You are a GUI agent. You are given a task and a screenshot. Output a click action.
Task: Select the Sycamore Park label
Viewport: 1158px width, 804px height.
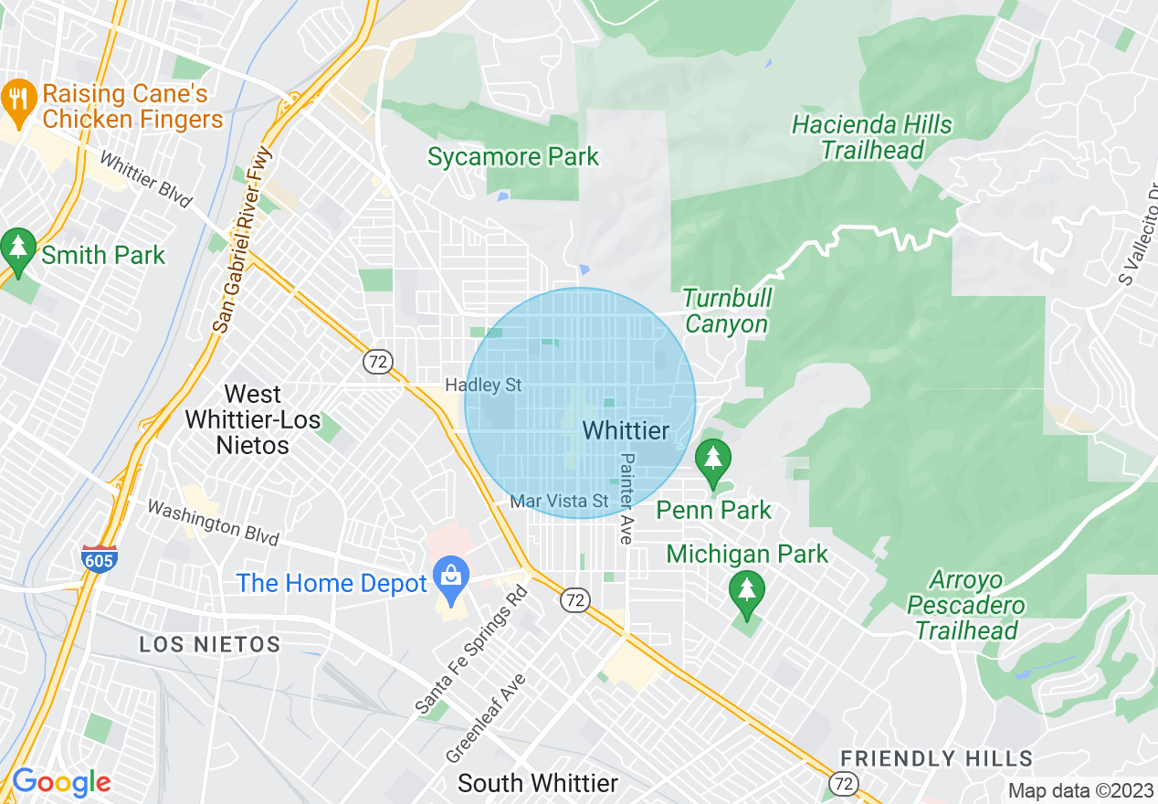click(513, 156)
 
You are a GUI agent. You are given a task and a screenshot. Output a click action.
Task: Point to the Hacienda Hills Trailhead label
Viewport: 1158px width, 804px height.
click(871, 137)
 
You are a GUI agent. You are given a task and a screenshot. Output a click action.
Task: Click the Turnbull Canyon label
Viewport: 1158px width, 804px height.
click(727, 311)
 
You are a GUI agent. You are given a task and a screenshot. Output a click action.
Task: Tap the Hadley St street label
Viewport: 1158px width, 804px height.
click(483, 386)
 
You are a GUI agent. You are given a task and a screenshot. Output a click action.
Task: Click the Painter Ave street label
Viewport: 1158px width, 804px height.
click(626, 499)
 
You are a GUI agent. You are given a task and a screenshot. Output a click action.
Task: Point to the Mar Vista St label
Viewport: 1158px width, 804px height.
click(559, 501)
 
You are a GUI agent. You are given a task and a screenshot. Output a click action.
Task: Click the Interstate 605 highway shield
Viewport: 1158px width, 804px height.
click(98, 557)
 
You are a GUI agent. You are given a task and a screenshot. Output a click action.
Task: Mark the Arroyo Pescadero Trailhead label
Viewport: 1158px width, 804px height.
click(966, 605)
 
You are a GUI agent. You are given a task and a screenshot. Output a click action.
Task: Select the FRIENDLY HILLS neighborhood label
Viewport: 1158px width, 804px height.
click(936, 758)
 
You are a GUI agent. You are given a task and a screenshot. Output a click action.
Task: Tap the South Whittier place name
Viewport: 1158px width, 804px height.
click(537, 783)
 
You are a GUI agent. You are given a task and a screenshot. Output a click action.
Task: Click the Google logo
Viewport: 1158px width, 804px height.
click(60, 782)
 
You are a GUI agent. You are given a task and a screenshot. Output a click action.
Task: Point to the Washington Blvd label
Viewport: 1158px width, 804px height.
click(212, 522)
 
